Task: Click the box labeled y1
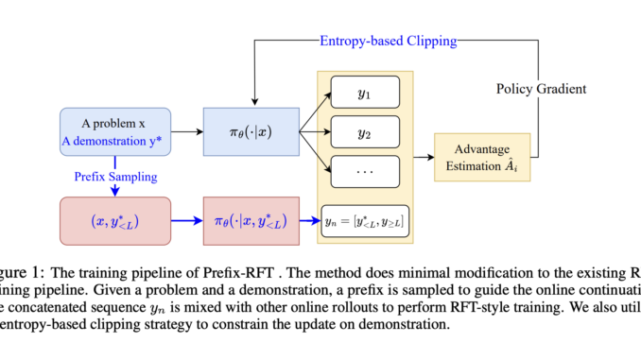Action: (x=367, y=95)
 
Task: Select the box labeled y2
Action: (x=367, y=133)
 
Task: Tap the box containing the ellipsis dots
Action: (x=367, y=173)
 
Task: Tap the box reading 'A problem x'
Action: (x=113, y=123)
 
